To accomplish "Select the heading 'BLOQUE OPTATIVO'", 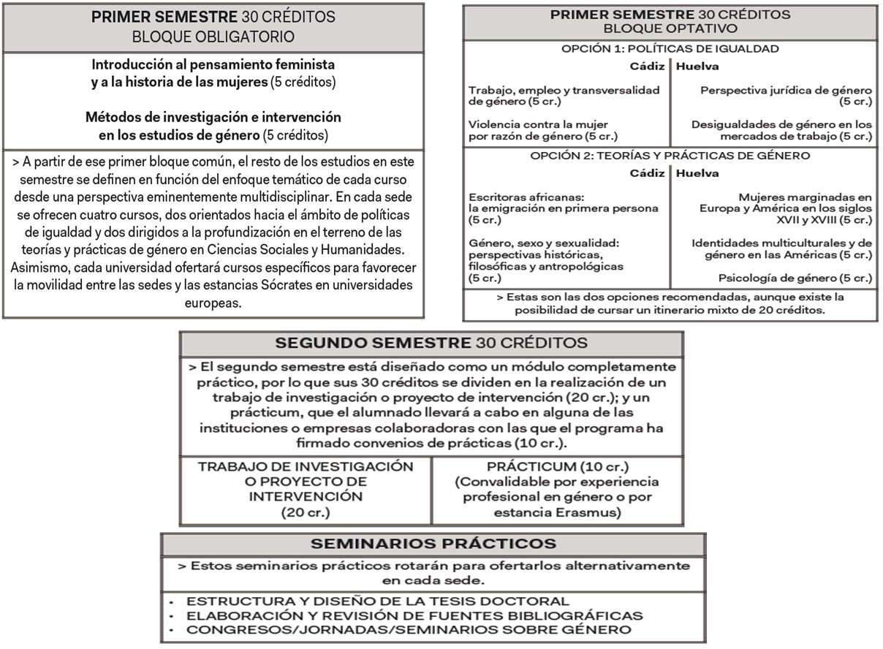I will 670,29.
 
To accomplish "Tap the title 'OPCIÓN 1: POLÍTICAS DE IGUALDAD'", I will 670,49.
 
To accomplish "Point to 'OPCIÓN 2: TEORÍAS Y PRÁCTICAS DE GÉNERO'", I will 670,155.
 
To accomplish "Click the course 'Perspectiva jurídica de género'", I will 786,91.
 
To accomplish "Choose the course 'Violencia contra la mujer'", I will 539,124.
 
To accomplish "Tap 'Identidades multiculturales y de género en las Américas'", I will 781,248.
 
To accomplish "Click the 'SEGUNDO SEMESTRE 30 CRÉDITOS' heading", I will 431,343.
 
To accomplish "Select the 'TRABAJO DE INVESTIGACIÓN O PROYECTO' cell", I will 306,474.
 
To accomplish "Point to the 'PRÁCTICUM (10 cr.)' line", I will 557,466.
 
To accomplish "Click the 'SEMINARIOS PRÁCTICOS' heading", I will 433,544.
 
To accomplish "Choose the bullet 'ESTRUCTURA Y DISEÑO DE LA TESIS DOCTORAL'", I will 378,601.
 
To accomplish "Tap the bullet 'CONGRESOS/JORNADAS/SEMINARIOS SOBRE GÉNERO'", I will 409,629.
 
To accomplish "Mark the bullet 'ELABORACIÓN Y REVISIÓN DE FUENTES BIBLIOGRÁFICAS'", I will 414,615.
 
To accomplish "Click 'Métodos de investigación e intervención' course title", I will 213,117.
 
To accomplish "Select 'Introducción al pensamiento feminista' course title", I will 213,64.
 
